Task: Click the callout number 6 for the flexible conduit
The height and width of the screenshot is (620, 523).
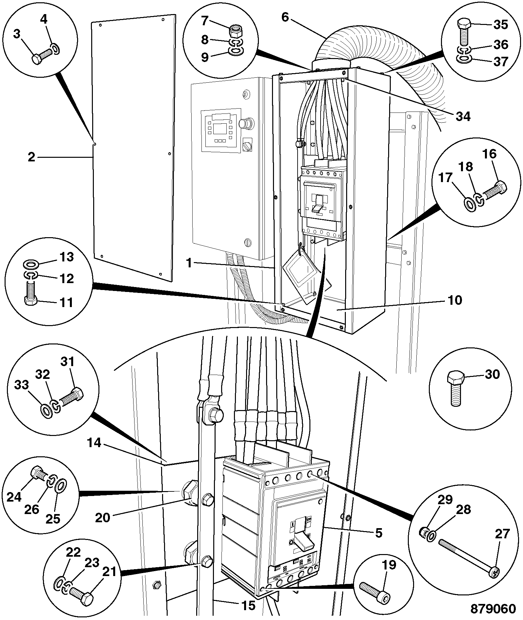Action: click(x=285, y=17)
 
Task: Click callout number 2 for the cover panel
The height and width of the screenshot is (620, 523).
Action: click(x=31, y=157)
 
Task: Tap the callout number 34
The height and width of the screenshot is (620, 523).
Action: click(x=462, y=116)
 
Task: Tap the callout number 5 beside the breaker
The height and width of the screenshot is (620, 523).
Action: click(x=378, y=533)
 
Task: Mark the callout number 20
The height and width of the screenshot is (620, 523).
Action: click(x=103, y=518)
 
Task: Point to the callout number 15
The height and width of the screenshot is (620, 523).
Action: click(x=248, y=605)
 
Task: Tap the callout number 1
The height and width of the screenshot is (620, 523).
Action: click(x=189, y=263)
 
